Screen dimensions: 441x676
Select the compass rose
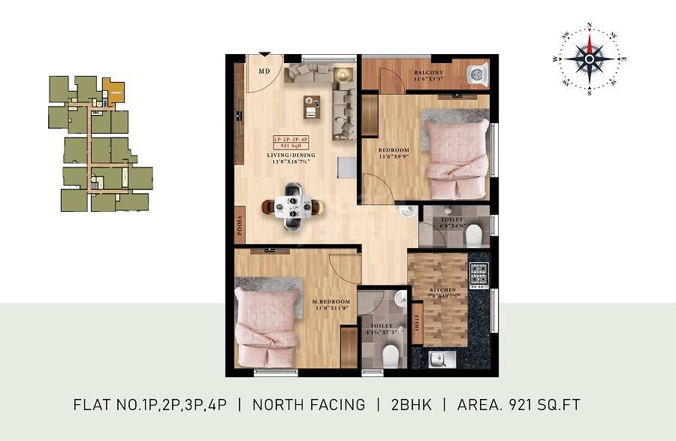590,59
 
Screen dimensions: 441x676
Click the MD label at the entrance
264,71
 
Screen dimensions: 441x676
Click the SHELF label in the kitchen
418,328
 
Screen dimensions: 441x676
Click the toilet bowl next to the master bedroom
390,353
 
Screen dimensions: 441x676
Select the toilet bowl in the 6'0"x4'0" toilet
473,236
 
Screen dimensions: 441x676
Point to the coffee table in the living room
312,107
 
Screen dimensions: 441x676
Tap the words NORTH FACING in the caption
309,405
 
